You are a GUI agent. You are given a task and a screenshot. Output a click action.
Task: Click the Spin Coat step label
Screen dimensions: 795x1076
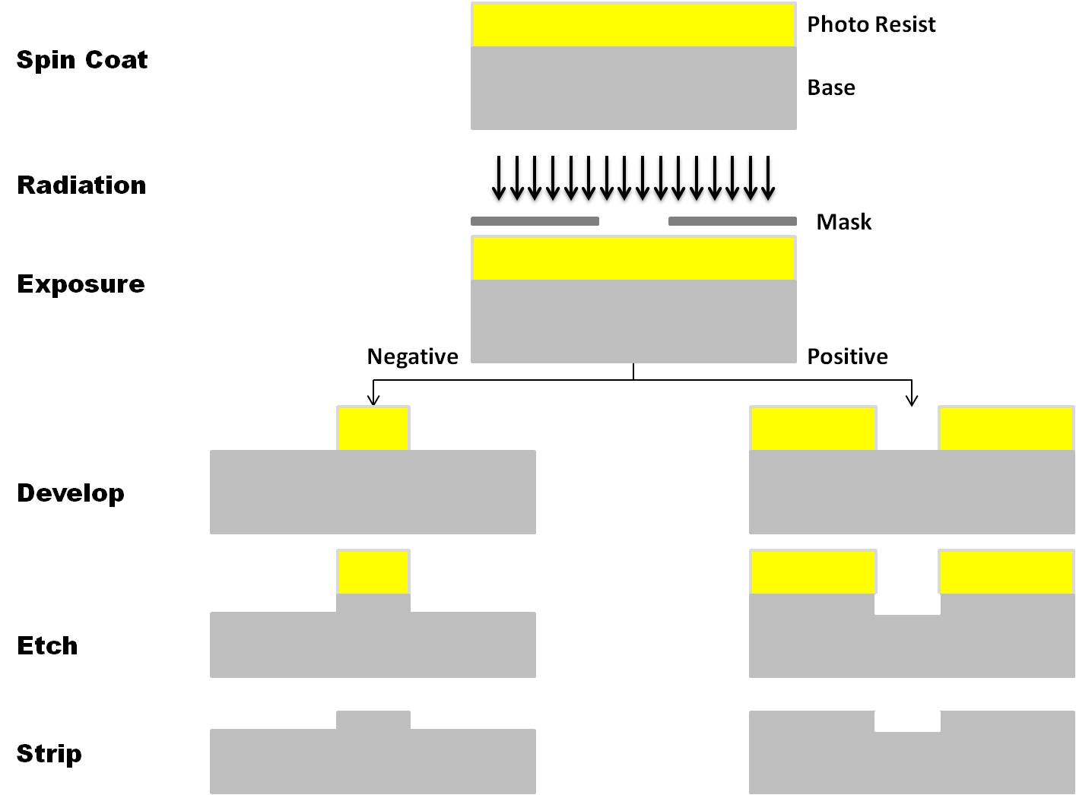tap(82, 60)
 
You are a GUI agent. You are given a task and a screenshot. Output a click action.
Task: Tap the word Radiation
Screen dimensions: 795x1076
tap(81, 185)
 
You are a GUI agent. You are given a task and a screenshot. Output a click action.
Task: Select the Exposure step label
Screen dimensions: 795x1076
tap(81, 284)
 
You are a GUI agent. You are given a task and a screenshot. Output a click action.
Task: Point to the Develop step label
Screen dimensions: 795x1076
tap(71, 493)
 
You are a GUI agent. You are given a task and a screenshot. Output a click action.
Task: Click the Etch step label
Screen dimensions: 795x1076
tap(47, 646)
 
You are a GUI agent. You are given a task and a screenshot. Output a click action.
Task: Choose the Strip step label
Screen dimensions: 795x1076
tap(49, 754)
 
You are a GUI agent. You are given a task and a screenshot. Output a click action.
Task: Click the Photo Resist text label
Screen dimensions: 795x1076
tap(871, 25)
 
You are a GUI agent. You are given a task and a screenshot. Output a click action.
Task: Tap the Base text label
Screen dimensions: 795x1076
tap(831, 88)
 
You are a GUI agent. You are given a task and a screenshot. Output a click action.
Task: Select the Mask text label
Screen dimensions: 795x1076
tap(843, 222)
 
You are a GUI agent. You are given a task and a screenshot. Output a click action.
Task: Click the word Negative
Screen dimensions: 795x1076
tap(412, 356)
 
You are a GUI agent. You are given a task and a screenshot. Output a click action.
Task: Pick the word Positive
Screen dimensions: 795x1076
tap(847, 356)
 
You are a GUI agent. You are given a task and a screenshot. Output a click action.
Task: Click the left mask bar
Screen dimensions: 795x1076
tap(535, 221)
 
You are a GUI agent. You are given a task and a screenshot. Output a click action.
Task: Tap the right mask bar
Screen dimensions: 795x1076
tap(732, 221)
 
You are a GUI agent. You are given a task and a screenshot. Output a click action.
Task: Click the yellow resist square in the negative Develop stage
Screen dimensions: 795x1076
tap(373, 428)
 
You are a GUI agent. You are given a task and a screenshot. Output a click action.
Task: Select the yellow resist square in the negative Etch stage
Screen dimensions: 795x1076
tap(373, 572)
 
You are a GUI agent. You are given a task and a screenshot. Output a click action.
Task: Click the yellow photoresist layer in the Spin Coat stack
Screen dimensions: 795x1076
tap(633, 25)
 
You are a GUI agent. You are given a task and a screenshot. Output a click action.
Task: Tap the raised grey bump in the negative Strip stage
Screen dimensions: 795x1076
tap(373, 720)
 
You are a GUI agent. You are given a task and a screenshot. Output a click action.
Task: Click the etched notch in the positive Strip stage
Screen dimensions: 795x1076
tap(908, 721)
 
